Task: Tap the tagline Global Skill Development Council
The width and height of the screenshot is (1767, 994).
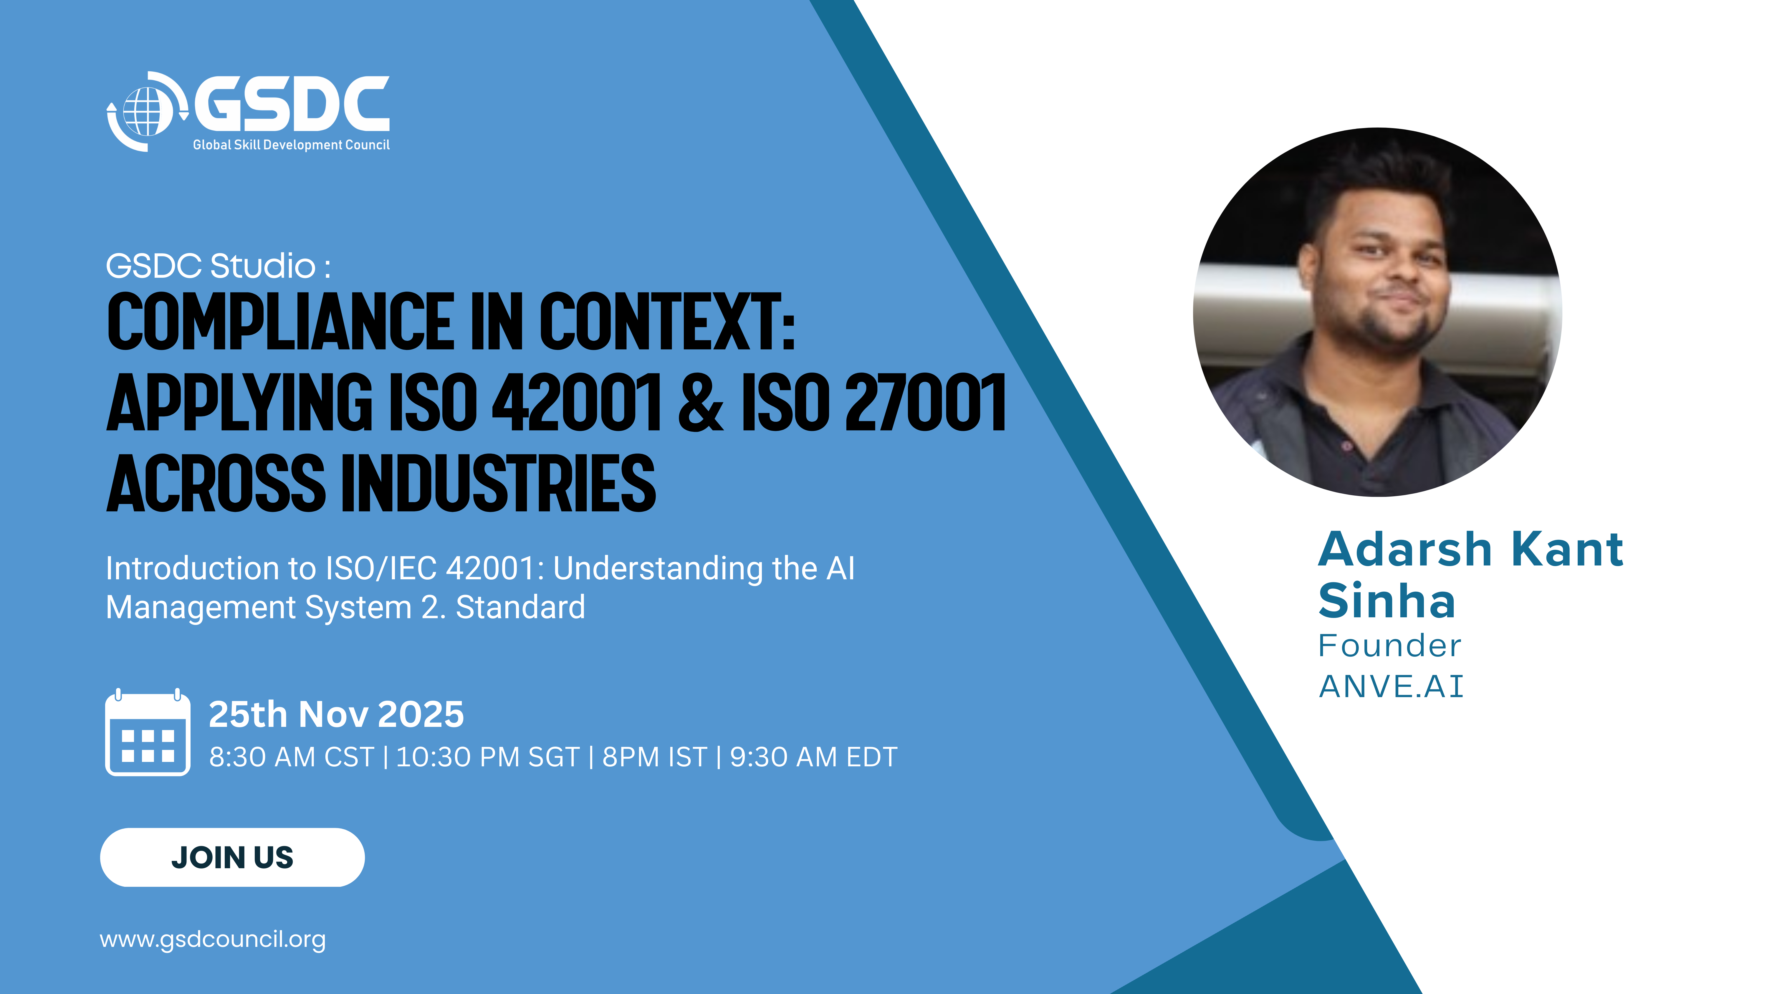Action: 291,145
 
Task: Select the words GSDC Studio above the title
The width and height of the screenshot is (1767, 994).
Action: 211,266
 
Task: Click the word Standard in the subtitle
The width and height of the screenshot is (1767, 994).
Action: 521,607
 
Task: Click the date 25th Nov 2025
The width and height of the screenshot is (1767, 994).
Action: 336,714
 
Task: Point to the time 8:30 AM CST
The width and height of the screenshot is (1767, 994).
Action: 292,757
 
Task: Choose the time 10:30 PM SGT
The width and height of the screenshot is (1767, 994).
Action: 488,757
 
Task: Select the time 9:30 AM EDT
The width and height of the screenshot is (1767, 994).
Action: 813,757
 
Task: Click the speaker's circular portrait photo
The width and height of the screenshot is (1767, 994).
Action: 1377,312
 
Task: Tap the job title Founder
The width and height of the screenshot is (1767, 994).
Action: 1390,646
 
